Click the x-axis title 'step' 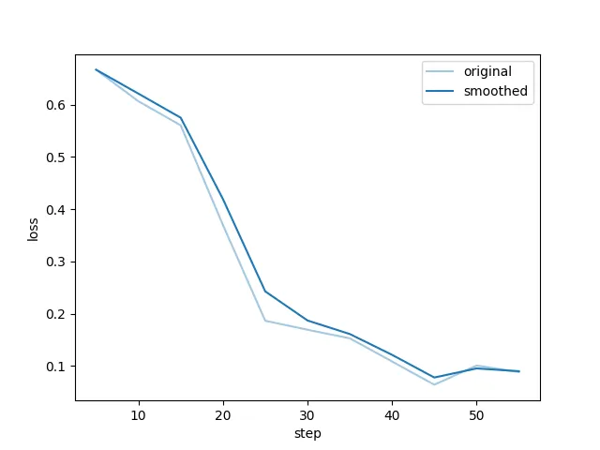(x=307, y=433)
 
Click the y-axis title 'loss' (x=33, y=230)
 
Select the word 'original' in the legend (x=487, y=71)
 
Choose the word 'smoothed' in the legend (x=495, y=92)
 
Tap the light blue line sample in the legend (x=442, y=71)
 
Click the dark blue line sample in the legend (x=442, y=92)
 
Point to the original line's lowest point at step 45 (x=434, y=384)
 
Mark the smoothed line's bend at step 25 (x=265, y=292)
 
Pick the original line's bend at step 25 (x=265, y=321)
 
